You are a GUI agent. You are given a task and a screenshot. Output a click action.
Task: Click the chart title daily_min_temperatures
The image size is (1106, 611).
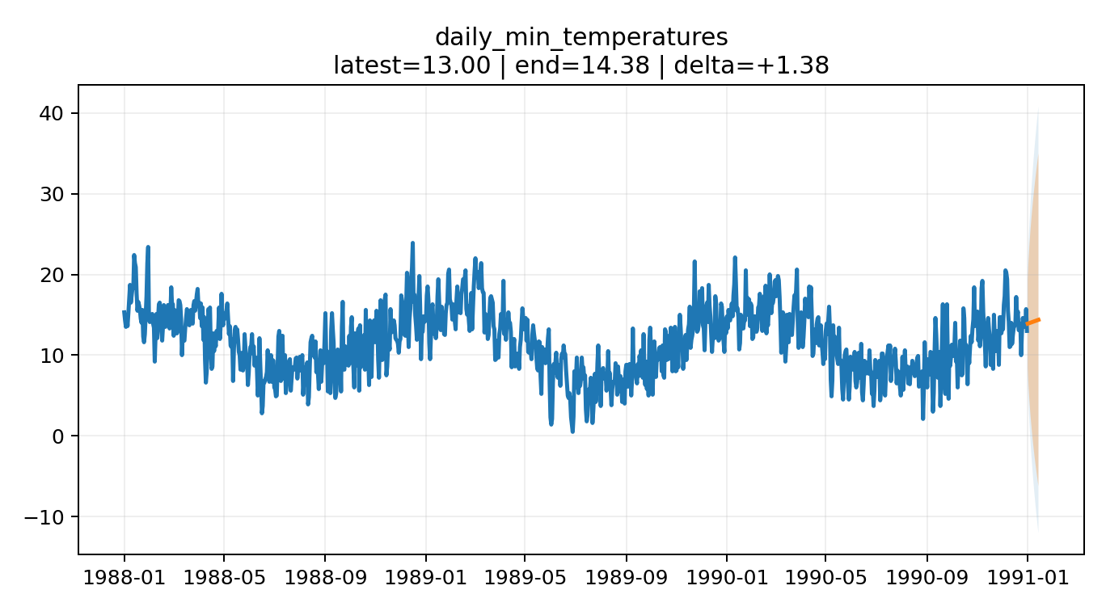click(581, 37)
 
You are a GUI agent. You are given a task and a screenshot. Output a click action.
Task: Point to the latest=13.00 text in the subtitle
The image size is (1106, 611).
click(412, 65)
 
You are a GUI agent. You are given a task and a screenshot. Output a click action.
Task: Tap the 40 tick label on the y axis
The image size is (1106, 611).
click(52, 113)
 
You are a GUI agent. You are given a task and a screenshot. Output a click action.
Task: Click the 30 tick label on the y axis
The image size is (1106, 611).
click(52, 194)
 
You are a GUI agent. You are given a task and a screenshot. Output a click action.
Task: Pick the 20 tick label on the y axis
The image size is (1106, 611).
click(52, 275)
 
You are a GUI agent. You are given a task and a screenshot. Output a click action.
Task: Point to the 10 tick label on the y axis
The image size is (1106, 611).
click(52, 356)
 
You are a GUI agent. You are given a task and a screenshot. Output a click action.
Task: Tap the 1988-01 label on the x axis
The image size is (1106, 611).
click(124, 580)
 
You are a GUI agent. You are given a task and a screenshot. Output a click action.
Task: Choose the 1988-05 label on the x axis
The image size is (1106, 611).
click(223, 580)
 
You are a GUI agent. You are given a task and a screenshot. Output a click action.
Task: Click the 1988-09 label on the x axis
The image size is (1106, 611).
click(324, 580)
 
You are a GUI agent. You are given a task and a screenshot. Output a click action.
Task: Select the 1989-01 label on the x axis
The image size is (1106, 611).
click(424, 580)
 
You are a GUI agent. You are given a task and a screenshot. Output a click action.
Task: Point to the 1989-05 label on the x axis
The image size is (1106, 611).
click(524, 580)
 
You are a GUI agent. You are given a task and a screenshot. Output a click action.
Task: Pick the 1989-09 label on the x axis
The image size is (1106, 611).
click(626, 580)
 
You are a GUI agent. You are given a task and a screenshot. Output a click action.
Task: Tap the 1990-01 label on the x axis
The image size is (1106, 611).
click(726, 580)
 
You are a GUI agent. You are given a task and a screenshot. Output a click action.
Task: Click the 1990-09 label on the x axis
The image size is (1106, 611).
click(927, 580)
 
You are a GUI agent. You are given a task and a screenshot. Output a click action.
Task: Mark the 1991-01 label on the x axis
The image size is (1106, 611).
click(1027, 580)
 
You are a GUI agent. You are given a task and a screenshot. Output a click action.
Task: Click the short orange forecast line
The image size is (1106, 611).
click(1033, 322)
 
